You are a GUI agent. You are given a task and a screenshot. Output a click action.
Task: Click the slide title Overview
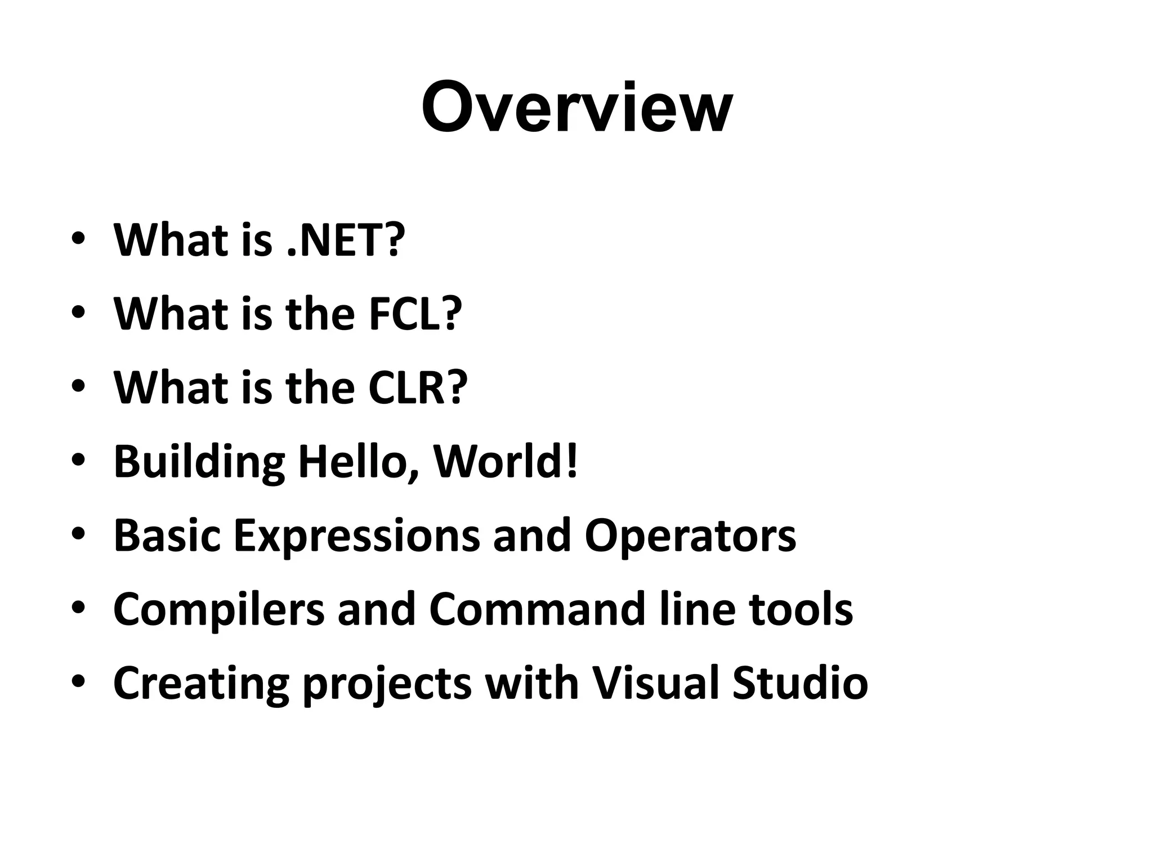(576, 107)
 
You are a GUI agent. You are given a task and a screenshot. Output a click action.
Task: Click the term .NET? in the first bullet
(346, 239)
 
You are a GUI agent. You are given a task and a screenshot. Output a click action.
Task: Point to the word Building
(199, 461)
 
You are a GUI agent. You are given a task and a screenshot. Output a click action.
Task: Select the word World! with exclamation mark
(505, 461)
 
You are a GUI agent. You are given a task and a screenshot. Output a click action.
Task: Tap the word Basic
(167, 535)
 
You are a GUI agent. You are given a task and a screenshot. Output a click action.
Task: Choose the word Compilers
(219, 610)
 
